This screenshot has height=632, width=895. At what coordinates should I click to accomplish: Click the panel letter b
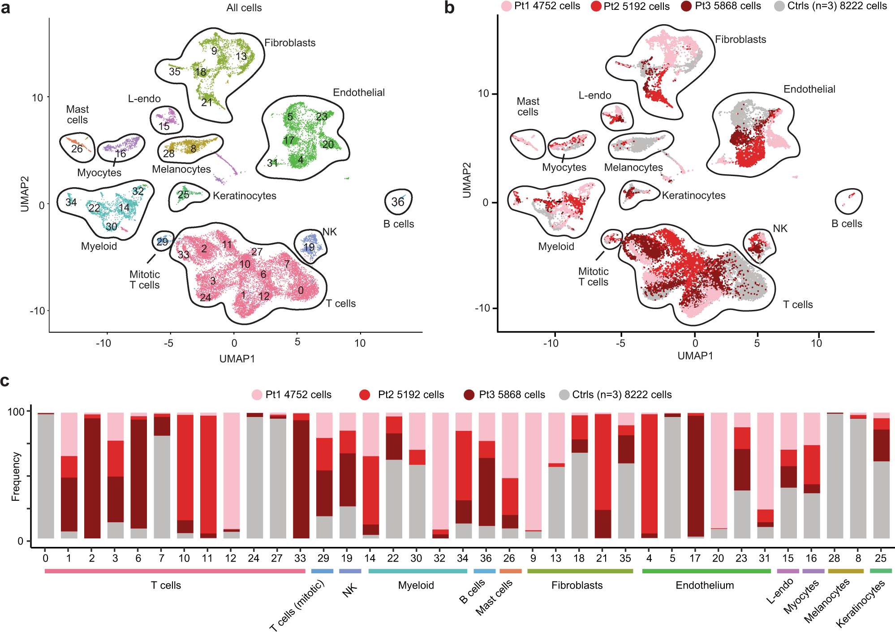pyautogui.click(x=449, y=8)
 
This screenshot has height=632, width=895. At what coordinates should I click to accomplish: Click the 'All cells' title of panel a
pyautogui.click(x=244, y=8)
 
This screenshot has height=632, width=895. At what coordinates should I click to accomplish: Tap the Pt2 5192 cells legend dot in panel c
pyautogui.click(x=365, y=395)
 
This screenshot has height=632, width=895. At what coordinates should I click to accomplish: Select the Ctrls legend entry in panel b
pyautogui.click(x=831, y=6)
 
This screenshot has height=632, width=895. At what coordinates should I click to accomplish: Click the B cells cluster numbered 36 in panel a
pyautogui.click(x=398, y=202)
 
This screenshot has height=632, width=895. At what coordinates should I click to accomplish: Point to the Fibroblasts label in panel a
pyautogui.click(x=290, y=43)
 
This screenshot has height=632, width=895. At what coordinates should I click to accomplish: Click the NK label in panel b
pyautogui.click(x=780, y=228)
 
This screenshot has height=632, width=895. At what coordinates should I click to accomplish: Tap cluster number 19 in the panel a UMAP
pyautogui.click(x=309, y=247)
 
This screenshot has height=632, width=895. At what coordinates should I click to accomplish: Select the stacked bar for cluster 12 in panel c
pyautogui.click(x=231, y=475)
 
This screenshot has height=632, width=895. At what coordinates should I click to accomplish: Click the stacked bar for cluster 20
pyautogui.click(x=719, y=475)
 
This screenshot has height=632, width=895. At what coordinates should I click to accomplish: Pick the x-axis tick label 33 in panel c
pyautogui.click(x=300, y=558)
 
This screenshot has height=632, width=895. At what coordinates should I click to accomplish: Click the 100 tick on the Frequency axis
pyautogui.click(x=16, y=412)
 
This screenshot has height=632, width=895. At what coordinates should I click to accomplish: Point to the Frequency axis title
pyautogui.click(x=16, y=476)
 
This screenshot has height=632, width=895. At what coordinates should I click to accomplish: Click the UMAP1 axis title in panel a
pyautogui.click(x=237, y=359)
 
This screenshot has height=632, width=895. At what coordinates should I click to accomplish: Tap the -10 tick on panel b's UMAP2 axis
pyautogui.click(x=483, y=308)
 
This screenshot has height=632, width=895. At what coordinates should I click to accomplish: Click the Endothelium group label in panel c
pyautogui.click(x=705, y=585)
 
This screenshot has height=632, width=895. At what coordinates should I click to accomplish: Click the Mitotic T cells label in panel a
pyautogui.click(x=144, y=279)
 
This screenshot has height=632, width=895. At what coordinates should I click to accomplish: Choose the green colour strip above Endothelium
pyautogui.click(x=706, y=571)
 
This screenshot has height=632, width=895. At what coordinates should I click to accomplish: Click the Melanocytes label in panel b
pyautogui.click(x=633, y=168)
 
